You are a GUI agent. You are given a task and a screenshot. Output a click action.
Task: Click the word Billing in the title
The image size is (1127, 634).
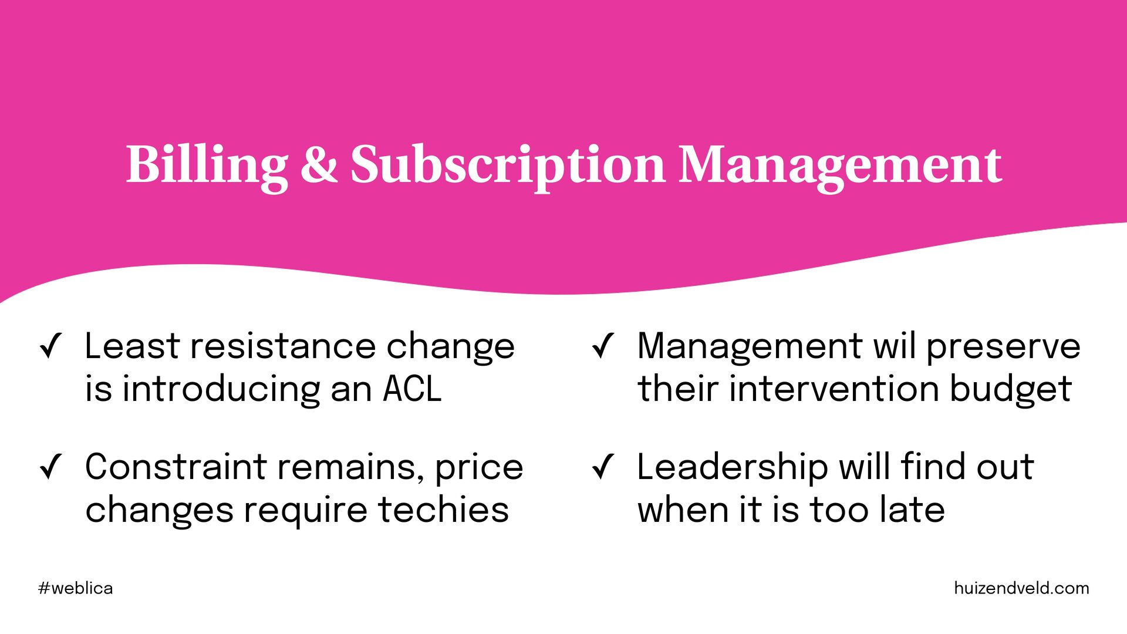point(207,166)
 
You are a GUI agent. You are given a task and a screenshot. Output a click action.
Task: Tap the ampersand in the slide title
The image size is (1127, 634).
point(319,163)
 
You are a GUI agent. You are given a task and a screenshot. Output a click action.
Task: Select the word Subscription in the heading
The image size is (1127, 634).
point(508,167)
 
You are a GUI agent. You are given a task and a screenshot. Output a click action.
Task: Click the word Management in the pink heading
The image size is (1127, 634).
point(841,167)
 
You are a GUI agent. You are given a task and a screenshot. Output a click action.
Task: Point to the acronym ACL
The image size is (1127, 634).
point(412,389)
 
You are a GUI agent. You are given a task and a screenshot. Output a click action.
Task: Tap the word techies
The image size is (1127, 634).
point(443,509)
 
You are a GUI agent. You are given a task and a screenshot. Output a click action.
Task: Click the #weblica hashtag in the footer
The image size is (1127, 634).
point(76,588)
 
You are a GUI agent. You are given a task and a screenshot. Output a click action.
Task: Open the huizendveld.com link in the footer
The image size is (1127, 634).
point(1021,588)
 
